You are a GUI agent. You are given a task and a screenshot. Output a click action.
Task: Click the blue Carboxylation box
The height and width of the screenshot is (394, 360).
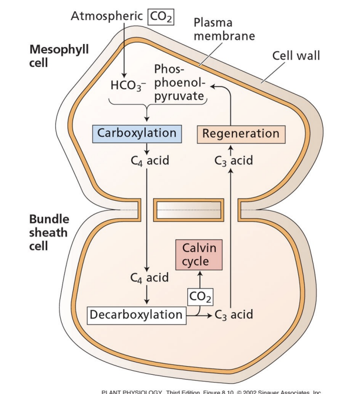[137, 133]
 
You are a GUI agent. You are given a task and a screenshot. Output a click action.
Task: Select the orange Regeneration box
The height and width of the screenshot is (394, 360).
[241, 134]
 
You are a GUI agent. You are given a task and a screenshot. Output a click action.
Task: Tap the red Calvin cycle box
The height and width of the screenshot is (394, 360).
[199, 255]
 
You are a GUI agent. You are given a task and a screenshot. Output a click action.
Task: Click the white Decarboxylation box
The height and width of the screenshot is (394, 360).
[136, 315]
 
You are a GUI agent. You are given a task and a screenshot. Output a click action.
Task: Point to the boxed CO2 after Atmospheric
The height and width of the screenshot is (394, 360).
[161, 17]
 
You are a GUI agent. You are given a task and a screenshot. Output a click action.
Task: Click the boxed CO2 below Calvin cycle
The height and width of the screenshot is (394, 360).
[200, 297]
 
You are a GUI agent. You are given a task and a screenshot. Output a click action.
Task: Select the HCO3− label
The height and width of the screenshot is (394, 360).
[128, 85]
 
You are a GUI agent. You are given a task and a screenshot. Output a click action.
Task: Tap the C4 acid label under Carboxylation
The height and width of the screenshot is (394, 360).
[149, 161]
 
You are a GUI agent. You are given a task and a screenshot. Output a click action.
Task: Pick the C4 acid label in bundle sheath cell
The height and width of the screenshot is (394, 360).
[149, 278]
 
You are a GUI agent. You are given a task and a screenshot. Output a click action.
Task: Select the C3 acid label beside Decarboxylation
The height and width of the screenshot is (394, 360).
[234, 315]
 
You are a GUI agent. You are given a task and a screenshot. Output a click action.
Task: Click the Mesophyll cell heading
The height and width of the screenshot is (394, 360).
[52, 55]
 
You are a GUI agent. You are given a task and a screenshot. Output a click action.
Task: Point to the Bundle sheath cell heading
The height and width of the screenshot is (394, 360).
[49, 232]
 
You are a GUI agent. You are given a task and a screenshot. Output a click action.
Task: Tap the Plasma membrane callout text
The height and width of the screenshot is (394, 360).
[224, 29]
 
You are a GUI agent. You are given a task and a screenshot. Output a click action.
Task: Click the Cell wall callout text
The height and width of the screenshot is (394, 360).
[296, 55]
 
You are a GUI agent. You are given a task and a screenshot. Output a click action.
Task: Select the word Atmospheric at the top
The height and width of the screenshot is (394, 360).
[108, 17]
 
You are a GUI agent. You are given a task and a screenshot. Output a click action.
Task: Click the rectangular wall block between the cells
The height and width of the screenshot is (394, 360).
[189, 209]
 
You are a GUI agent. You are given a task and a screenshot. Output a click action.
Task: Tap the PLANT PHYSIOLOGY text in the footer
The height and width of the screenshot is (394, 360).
[132, 391]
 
